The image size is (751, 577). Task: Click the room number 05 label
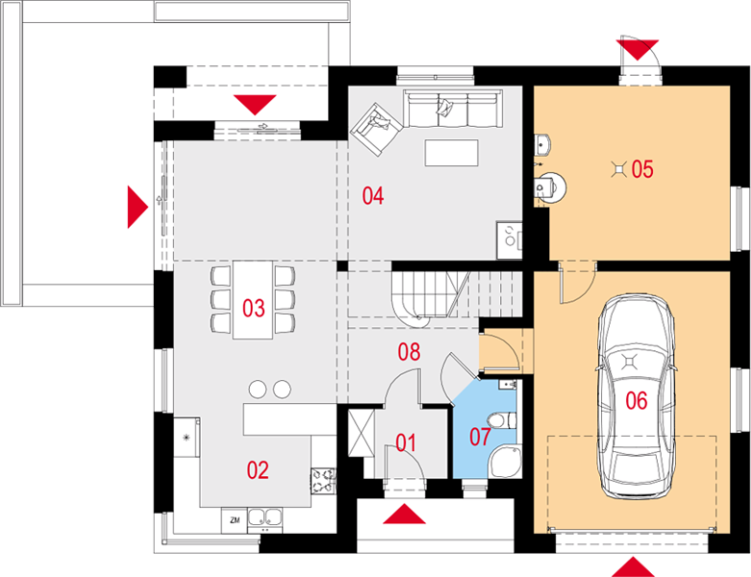642,169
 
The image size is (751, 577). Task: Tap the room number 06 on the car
637,400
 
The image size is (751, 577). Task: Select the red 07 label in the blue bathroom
480,437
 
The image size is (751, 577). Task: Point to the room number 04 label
373,196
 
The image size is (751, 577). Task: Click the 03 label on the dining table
253,309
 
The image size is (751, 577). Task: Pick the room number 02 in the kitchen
258,470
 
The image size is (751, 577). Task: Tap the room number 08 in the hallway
409,352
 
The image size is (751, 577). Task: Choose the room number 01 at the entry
406,443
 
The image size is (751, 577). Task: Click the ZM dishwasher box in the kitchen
235,520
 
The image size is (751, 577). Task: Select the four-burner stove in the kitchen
324,481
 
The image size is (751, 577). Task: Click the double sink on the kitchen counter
264,519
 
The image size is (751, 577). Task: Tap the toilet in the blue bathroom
503,421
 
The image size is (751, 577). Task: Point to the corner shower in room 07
506,462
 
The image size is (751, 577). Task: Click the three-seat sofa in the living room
453,109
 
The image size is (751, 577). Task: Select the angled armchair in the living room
376,129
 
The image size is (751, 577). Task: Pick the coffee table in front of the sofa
451,153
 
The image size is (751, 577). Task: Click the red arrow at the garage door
633,567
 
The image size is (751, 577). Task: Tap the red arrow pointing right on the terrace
138,207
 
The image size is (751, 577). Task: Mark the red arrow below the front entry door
404,514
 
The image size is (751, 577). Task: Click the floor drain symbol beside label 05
620,169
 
